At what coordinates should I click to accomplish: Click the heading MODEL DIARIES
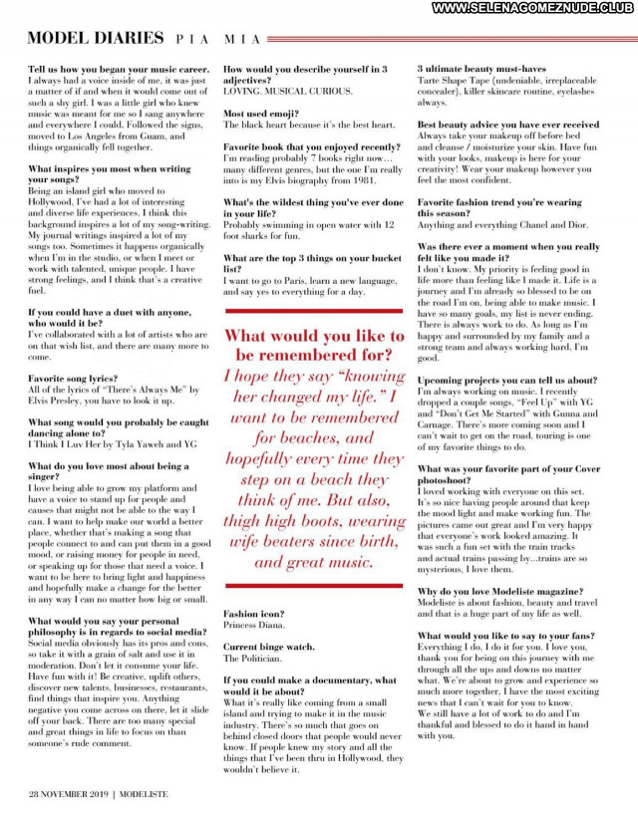(x=96, y=39)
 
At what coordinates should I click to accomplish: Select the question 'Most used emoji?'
(x=259, y=114)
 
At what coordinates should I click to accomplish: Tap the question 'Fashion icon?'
(x=253, y=614)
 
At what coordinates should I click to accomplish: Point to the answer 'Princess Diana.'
(x=254, y=626)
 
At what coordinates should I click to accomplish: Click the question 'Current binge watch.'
(x=268, y=647)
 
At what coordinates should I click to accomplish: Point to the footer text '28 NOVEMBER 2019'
(x=68, y=793)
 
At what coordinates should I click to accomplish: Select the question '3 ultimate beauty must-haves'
(x=481, y=70)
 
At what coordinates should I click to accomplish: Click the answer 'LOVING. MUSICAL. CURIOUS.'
(x=287, y=91)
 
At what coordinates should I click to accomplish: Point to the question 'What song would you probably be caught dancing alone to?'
(x=119, y=427)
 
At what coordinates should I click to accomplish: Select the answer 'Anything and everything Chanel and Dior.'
(x=502, y=224)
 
